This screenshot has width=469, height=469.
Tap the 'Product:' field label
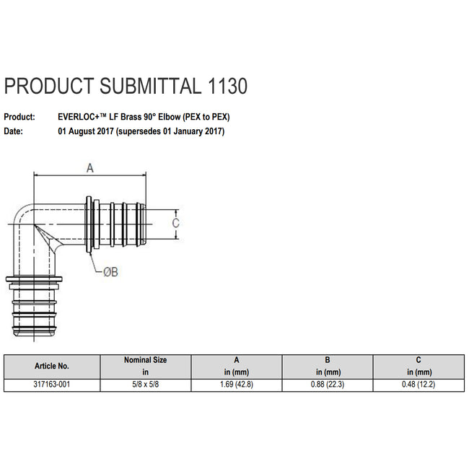19,117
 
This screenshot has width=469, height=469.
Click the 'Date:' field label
14,131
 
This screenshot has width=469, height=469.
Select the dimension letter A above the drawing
90,168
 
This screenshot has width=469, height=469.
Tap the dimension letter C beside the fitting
175,223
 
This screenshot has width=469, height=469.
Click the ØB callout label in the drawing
110,272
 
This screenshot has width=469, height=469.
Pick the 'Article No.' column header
51,366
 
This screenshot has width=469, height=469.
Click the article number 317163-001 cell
51,385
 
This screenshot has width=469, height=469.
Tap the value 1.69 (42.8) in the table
236,385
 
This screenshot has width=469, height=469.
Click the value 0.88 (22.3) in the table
328,385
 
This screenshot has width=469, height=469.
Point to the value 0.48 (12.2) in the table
419,385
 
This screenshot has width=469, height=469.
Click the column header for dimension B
328,359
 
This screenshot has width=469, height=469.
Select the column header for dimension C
419,359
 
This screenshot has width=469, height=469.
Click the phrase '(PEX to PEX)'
206,117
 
